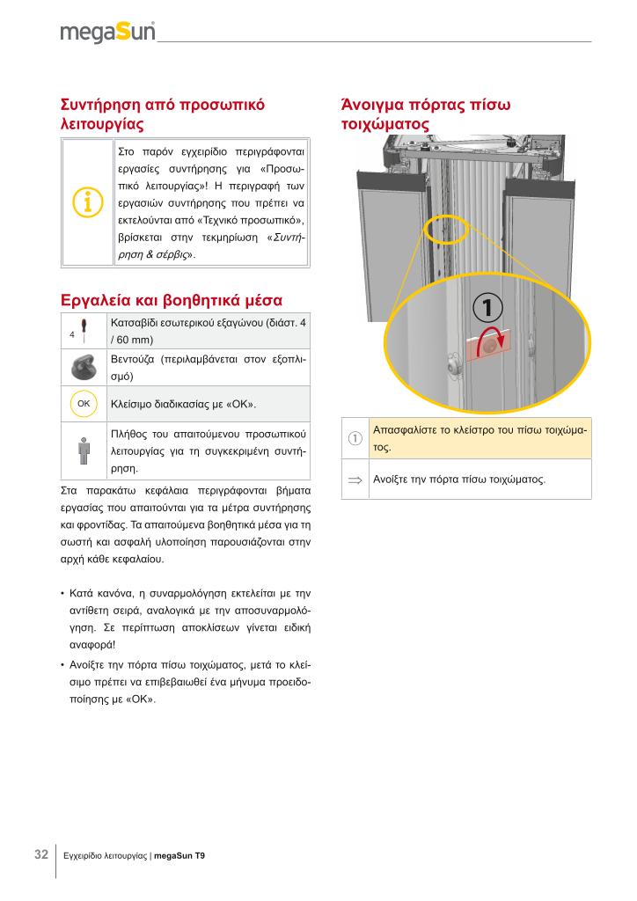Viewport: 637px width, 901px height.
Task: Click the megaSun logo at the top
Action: pos(107,33)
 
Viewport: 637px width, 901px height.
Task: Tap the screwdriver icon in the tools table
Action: pos(83,331)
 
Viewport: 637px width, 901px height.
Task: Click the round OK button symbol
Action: pos(84,403)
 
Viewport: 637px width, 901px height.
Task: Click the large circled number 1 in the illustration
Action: pos(488,308)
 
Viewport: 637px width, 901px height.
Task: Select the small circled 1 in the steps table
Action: pos(355,439)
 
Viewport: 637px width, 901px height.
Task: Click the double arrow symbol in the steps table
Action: pos(355,480)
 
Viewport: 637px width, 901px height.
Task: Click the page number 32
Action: pos(40,854)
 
